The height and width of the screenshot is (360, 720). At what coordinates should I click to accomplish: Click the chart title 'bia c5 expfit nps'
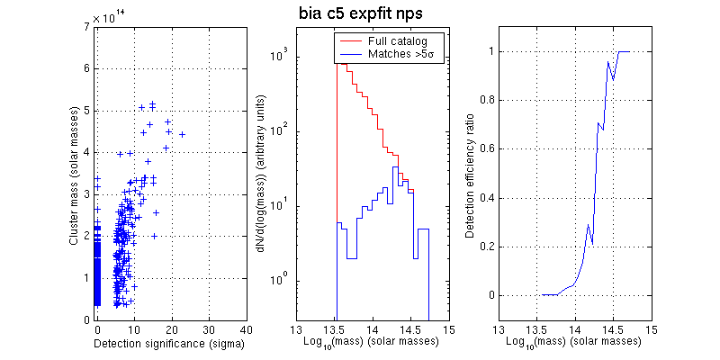(360, 14)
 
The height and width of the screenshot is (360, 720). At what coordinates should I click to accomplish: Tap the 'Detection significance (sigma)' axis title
(170, 343)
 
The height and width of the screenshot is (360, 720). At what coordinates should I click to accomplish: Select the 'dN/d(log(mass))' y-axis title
(260, 175)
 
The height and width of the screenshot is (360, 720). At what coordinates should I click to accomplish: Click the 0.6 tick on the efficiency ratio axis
(485, 148)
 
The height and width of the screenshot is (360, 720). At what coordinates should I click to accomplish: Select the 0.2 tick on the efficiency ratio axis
(485, 247)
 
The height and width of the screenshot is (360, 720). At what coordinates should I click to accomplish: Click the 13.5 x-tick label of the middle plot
(335, 330)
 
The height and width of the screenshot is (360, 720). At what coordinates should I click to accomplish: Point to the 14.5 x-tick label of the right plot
(613, 330)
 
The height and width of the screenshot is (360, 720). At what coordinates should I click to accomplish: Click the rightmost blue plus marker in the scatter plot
(182, 135)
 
